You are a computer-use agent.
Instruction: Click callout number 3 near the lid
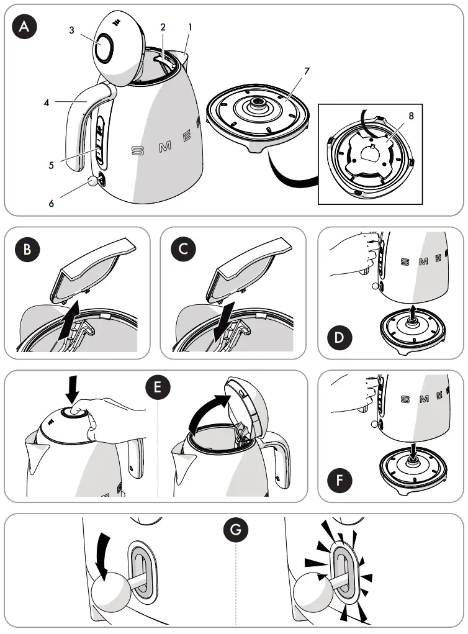[72, 30]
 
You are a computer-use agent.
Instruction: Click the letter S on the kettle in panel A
[137, 151]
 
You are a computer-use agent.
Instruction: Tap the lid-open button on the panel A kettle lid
[104, 47]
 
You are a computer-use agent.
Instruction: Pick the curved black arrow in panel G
[102, 549]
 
